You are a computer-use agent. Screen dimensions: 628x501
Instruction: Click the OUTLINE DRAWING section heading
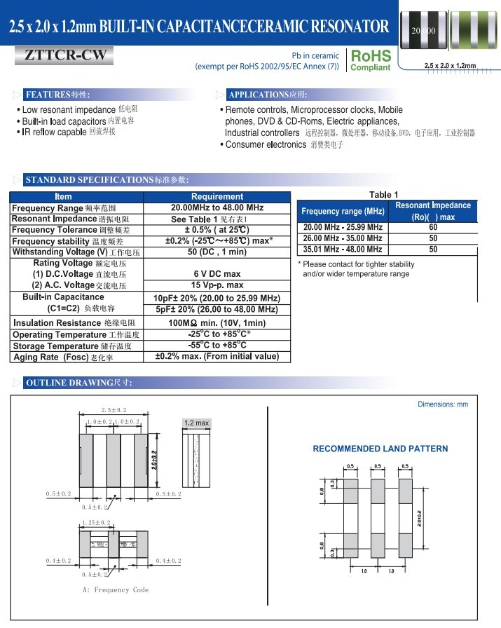pyautogui.click(x=78, y=383)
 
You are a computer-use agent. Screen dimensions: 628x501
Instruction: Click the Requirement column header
pyautogui.click(x=217, y=197)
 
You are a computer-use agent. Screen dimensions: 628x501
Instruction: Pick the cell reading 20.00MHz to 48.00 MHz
pyautogui.click(x=217, y=208)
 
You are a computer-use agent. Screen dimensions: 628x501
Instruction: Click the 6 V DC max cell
pyautogui.click(x=217, y=274)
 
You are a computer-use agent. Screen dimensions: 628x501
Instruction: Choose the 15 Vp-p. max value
pyautogui.click(x=217, y=285)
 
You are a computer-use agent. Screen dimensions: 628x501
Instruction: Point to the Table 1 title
pyautogui.click(x=383, y=195)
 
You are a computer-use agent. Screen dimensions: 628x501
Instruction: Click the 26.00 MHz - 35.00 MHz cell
pyautogui.click(x=343, y=238)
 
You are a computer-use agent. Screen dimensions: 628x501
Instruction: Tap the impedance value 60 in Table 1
pyautogui.click(x=433, y=227)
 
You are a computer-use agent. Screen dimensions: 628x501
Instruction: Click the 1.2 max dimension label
pyautogui.click(x=196, y=423)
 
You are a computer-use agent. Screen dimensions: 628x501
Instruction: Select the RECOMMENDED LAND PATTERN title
pyautogui.click(x=380, y=449)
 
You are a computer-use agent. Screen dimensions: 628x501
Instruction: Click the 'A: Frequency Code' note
pyautogui.click(x=116, y=589)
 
